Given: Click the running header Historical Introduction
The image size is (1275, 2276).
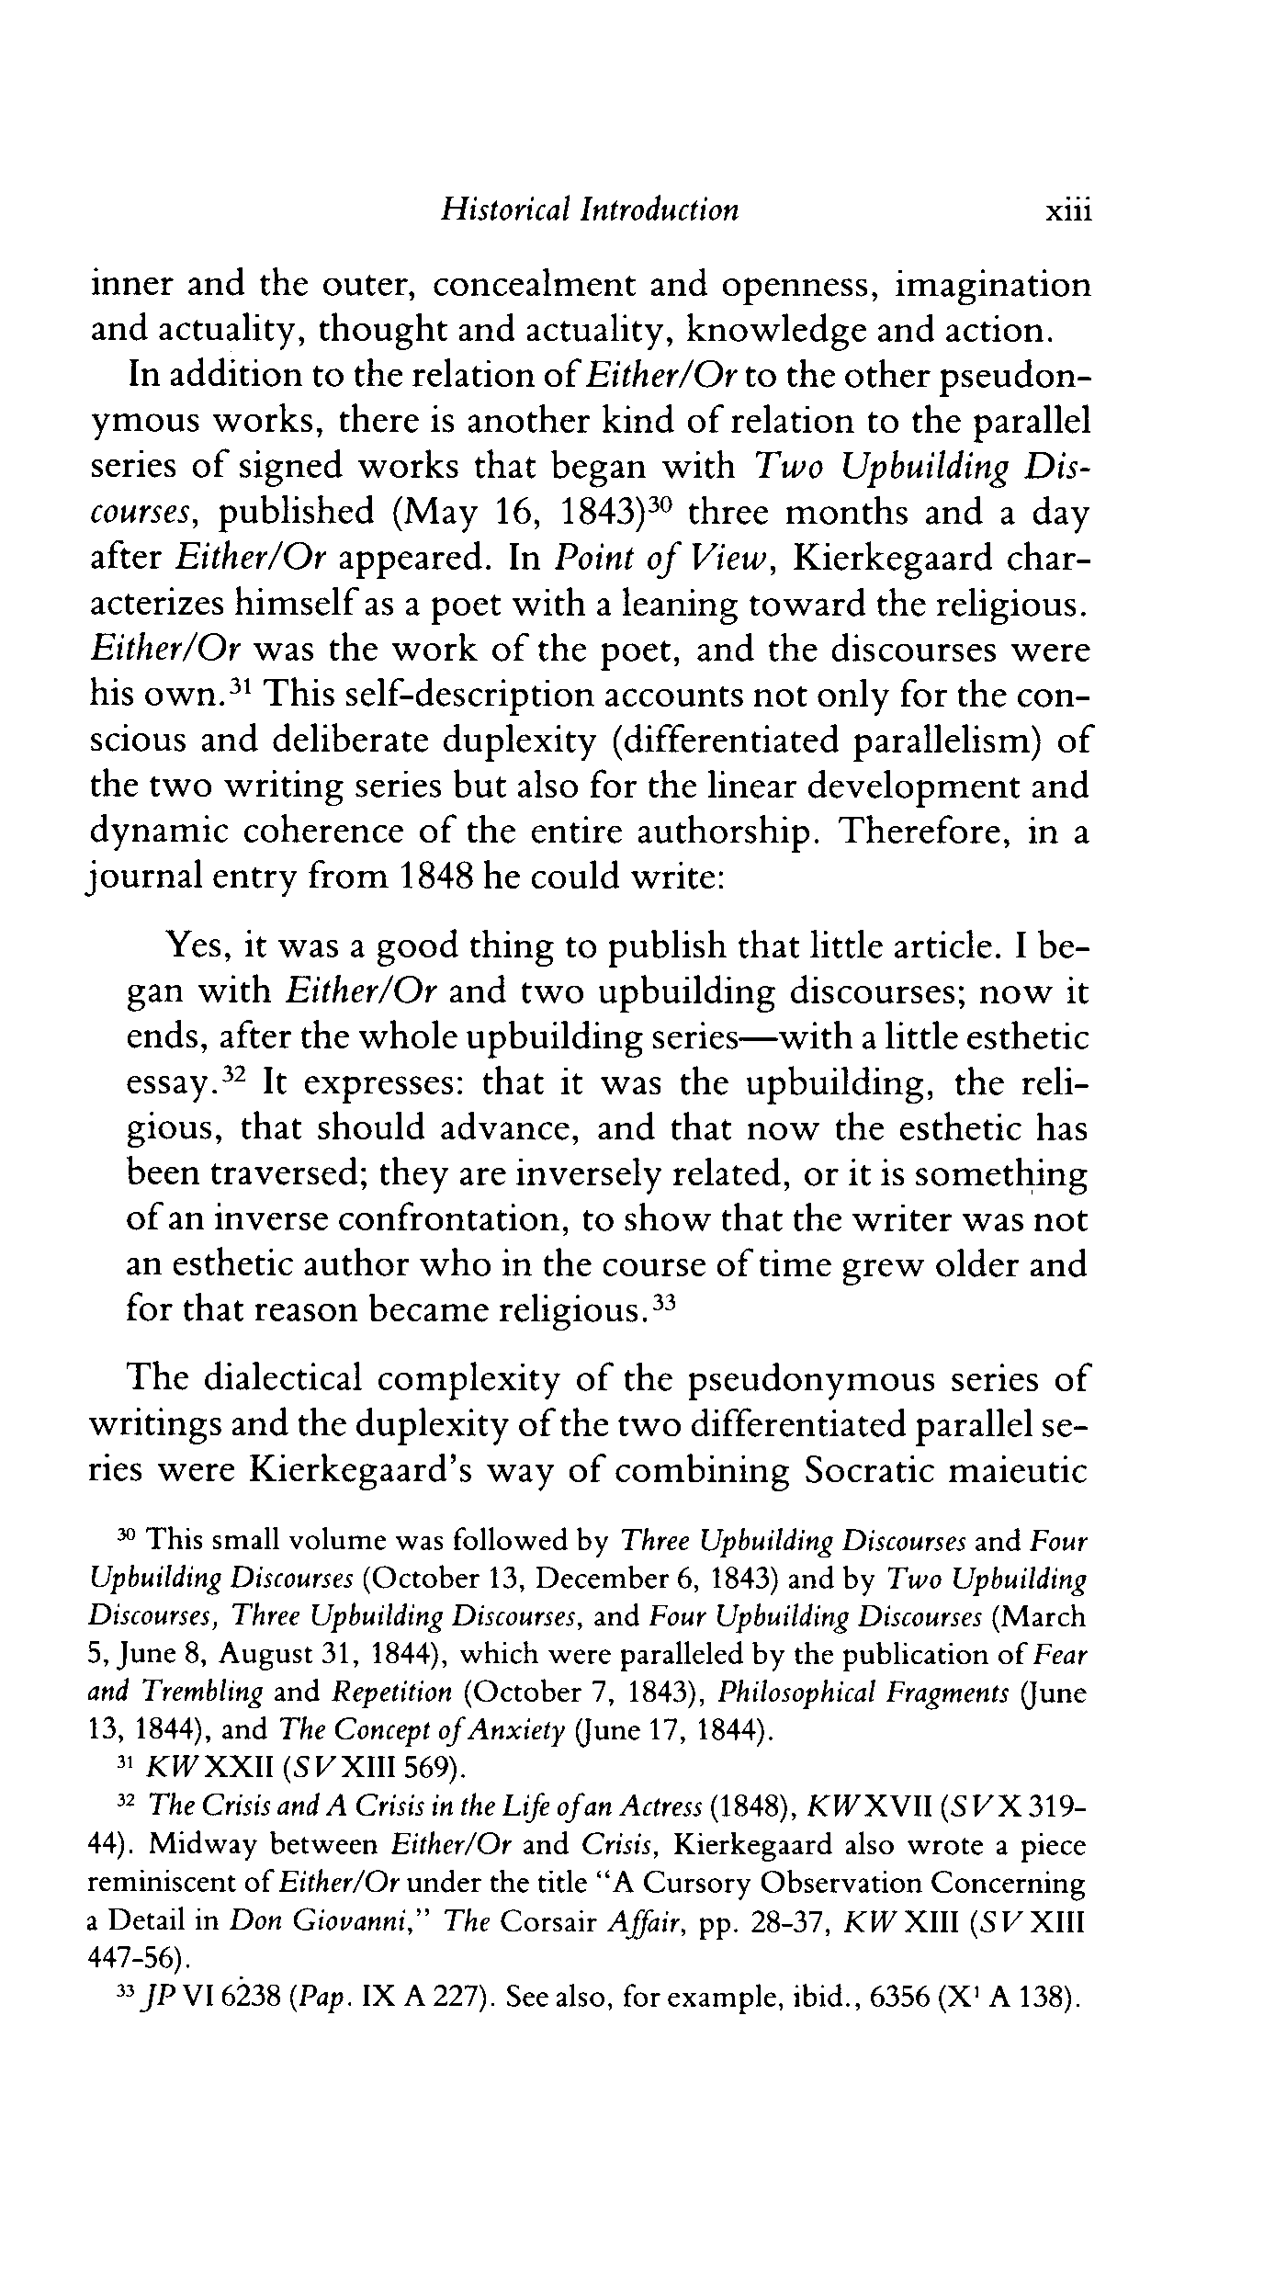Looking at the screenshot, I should (x=589, y=210).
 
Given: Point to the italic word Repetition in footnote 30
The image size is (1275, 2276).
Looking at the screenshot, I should (x=392, y=1693).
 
